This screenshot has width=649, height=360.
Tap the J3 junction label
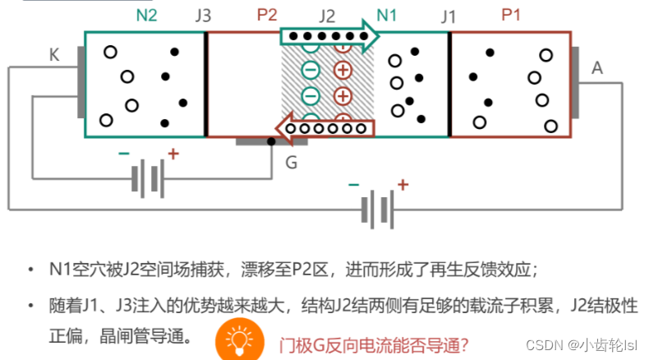click(204, 16)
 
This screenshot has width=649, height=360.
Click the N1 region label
click(386, 15)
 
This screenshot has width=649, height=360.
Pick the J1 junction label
click(449, 16)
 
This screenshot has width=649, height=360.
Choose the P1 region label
click(511, 15)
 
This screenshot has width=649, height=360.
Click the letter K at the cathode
click(55, 55)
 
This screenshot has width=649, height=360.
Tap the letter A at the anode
click(597, 69)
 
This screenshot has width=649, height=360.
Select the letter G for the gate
click(291, 163)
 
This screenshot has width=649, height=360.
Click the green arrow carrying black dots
click(329, 37)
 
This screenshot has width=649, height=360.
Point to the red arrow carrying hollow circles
click(324, 128)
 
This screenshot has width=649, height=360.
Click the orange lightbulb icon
click(237, 340)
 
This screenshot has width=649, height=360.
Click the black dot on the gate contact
click(272, 141)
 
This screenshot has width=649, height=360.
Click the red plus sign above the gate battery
click(173, 154)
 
